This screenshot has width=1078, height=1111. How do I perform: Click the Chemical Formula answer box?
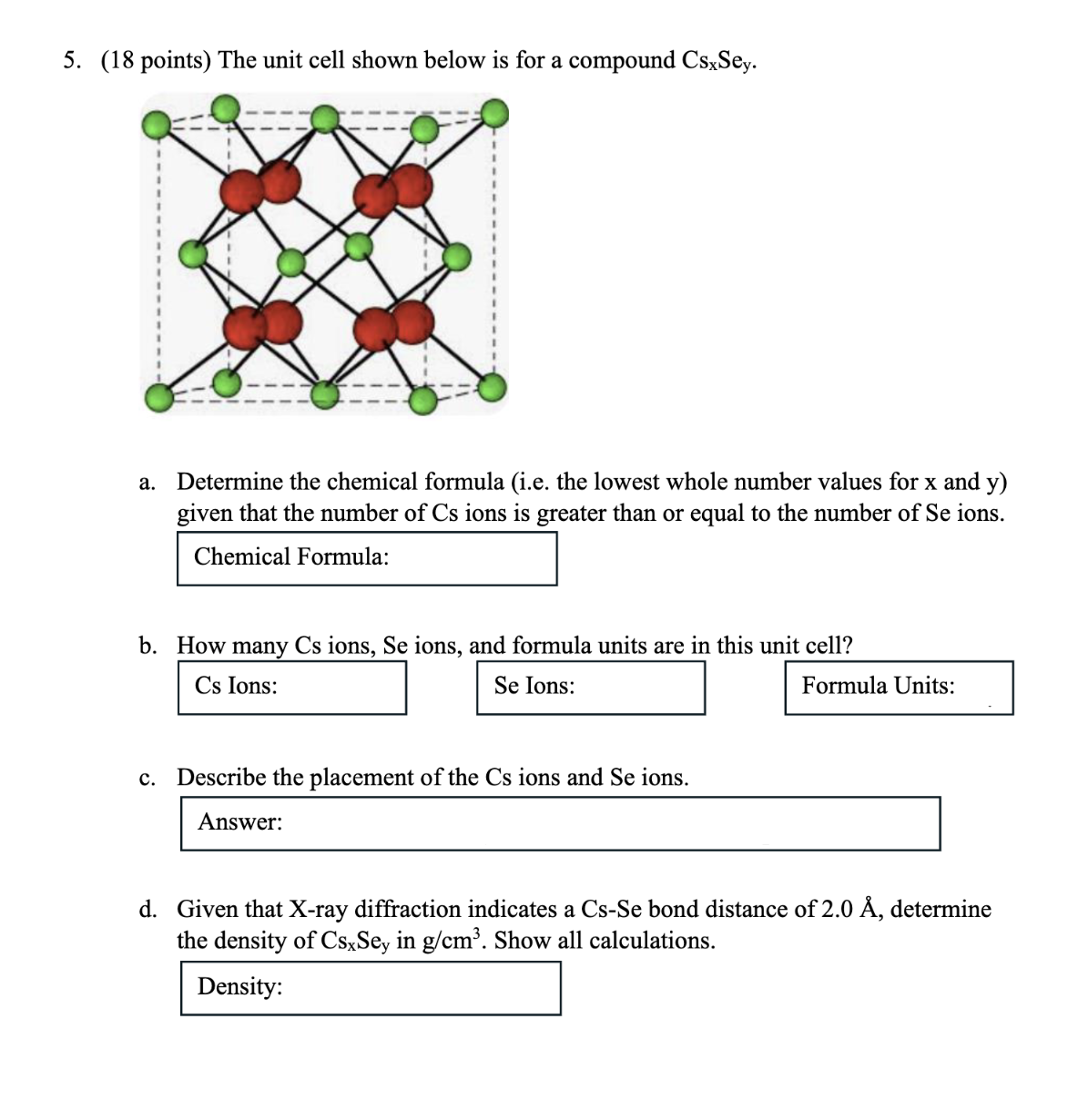(366, 558)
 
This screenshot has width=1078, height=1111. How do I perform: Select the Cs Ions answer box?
(291, 688)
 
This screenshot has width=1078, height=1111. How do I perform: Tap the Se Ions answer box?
(590, 688)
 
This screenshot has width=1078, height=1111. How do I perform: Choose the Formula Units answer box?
(899, 688)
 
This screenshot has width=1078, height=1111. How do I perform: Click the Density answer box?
(370, 988)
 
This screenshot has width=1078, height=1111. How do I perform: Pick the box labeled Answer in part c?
(560, 824)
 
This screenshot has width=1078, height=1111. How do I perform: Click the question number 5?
(70, 61)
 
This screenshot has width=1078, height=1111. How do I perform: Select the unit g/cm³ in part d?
(455, 940)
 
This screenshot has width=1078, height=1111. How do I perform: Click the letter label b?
(146, 646)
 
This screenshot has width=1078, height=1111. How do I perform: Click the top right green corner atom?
(494, 114)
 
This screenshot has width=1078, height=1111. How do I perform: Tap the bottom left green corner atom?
(158, 397)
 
